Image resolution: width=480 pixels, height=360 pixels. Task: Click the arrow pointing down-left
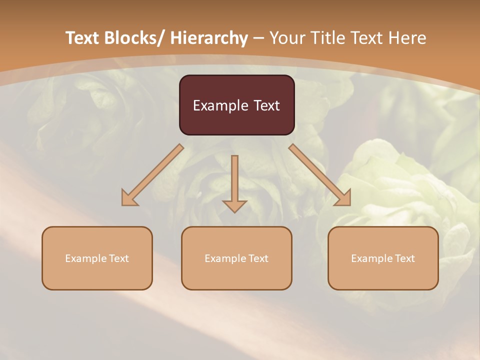152,175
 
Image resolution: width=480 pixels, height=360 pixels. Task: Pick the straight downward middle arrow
234,182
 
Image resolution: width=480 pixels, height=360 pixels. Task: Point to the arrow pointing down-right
320,175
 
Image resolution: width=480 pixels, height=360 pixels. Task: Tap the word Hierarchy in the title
209,38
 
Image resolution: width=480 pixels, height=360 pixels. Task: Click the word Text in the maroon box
266,105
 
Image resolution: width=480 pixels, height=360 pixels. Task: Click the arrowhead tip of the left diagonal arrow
123,204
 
